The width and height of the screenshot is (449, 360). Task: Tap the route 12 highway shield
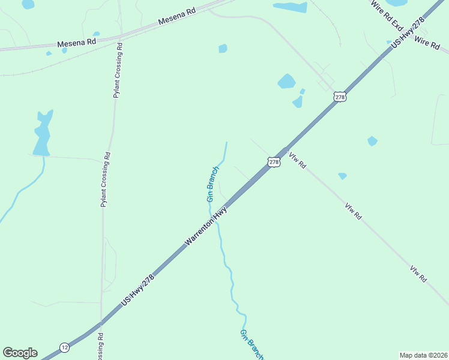point(64,347)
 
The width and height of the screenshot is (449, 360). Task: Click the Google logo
point(20,353)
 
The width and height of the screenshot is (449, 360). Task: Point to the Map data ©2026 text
point(423,355)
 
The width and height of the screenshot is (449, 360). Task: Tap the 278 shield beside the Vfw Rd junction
point(274,162)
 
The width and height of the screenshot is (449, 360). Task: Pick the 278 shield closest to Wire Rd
point(340,97)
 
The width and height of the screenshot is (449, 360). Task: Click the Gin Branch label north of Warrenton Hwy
point(212,183)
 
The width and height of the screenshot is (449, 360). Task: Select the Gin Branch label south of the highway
point(252,344)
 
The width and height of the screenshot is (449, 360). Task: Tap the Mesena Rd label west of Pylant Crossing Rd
point(77,43)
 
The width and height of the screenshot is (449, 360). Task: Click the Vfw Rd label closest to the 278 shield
point(297,161)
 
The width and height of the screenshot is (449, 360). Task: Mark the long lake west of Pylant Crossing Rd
point(42,134)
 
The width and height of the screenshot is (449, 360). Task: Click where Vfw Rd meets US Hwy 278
point(283,149)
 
